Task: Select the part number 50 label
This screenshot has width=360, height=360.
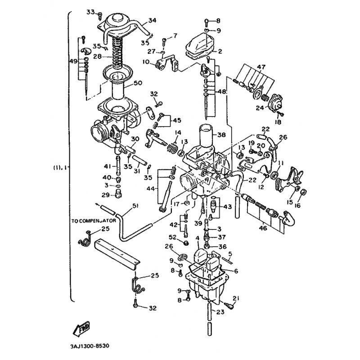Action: [138, 83]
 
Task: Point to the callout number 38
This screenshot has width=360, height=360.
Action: [221, 134]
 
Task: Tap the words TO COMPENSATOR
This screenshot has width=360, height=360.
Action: [94, 221]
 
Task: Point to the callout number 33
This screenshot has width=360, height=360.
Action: [91, 11]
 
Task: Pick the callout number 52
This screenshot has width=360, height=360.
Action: [173, 237]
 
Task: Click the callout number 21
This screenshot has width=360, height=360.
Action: [237, 298]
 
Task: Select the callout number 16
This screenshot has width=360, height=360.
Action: [297, 206]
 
